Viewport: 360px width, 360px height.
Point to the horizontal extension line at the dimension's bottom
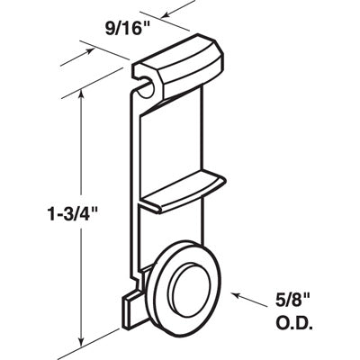[x=99, y=344]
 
